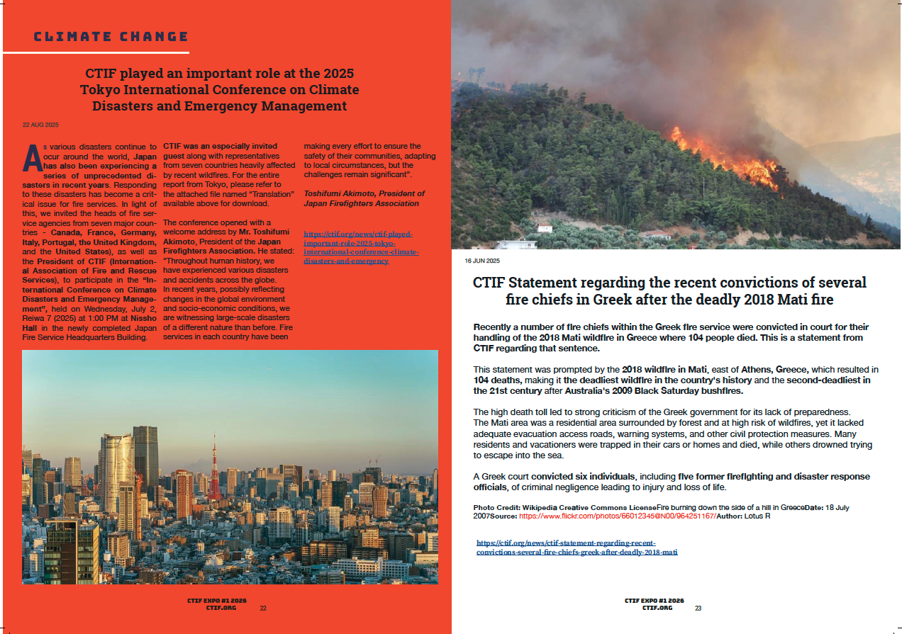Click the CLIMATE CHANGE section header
[x=111, y=37]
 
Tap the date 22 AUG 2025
[x=40, y=125]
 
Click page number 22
[x=263, y=608]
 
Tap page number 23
[x=698, y=608]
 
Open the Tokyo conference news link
[x=361, y=247]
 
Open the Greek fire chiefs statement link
[x=577, y=547]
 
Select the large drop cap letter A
[x=30, y=157]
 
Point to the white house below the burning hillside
[x=544, y=228]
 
